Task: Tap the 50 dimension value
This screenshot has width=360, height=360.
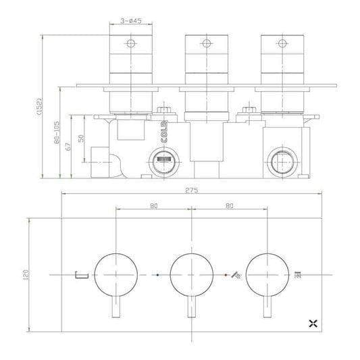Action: coord(82,138)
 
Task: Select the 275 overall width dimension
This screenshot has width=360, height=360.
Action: coord(191,190)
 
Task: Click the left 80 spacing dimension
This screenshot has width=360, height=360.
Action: coord(154,206)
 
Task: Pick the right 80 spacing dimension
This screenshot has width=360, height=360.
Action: coord(230,206)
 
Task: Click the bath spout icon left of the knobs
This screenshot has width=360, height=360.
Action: coord(80,275)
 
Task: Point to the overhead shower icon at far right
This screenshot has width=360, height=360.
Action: coord(298,275)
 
